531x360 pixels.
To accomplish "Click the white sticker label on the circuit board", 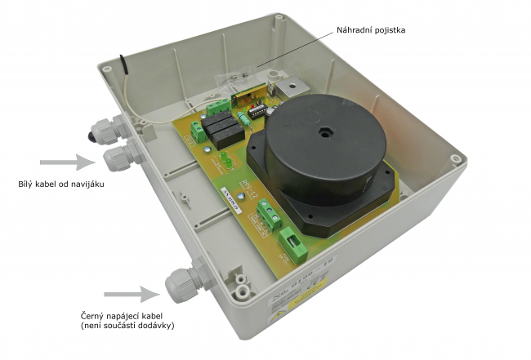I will click(x=226, y=190).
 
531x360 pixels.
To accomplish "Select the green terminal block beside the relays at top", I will click(x=218, y=106).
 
